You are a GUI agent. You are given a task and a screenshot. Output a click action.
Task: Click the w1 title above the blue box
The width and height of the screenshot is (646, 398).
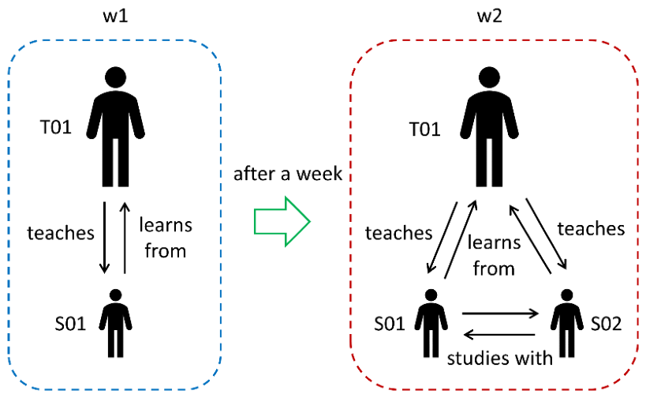[x=115, y=16]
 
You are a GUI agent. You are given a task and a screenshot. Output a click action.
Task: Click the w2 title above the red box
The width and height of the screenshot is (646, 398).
[x=490, y=16]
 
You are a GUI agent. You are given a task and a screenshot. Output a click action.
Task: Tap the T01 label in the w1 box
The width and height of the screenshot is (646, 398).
[x=56, y=127]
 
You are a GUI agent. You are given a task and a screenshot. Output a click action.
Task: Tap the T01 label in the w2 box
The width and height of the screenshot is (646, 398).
[x=425, y=129]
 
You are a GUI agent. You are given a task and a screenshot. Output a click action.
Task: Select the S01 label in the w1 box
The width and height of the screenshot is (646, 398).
[x=70, y=324]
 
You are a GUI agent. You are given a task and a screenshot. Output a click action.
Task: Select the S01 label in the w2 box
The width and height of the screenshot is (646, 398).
[x=390, y=324]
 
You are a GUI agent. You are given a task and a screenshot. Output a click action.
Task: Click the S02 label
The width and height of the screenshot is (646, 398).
[x=606, y=324]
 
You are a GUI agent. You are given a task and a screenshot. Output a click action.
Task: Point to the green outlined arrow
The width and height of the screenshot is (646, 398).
[x=282, y=221]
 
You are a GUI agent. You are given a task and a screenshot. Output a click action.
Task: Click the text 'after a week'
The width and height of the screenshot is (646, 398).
[x=288, y=174]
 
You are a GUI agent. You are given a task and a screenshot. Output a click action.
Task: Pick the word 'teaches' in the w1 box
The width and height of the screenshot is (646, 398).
[x=61, y=233]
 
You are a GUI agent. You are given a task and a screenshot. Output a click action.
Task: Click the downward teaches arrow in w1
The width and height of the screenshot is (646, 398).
[x=104, y=238]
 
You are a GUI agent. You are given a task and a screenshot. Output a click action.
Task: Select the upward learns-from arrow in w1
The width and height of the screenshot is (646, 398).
[x=125, y=238]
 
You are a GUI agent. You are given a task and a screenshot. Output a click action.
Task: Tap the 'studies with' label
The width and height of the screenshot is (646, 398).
[x=500, y=358]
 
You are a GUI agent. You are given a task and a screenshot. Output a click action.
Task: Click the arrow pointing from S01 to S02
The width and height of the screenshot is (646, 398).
[x=500, y=314]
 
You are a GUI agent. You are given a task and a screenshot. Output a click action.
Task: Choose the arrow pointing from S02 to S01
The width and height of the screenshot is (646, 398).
[x=499, y=335]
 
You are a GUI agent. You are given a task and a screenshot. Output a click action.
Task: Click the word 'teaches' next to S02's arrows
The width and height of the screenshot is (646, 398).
[x=592, y=228]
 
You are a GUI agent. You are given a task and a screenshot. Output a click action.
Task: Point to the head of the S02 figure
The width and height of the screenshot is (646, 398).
[x=567, y=295]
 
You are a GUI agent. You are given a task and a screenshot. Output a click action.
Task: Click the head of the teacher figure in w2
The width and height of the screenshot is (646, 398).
[x=490, y=77]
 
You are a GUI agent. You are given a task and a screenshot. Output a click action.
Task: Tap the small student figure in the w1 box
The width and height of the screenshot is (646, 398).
[x=116, y=323]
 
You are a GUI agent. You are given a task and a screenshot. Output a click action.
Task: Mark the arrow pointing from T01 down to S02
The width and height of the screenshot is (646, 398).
[x=547, y=234]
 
